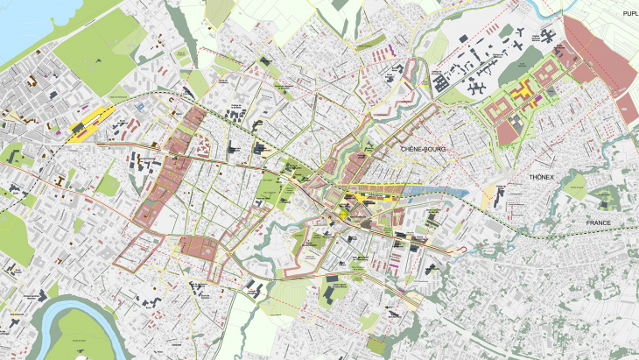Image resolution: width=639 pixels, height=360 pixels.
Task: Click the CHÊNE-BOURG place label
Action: pos(423,150)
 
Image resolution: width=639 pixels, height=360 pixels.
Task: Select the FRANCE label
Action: pos(604,223)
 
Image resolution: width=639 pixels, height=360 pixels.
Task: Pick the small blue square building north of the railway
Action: pos(140,105)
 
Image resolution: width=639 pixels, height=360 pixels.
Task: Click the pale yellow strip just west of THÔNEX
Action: pos(487,198)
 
